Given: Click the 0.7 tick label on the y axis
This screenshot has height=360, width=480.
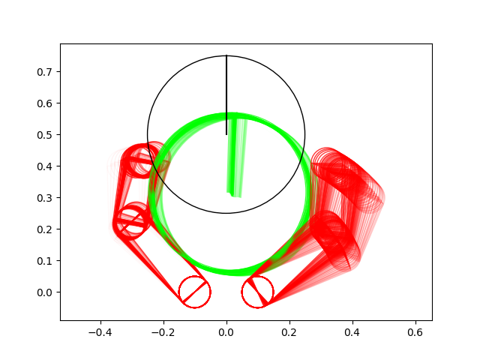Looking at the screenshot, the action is click(45, 72).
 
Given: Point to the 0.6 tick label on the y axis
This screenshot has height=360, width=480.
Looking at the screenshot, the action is click(45, 103).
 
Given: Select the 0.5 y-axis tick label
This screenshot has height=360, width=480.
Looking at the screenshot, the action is click(45, 135).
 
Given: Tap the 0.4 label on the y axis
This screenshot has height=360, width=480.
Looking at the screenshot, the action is click(45, 166).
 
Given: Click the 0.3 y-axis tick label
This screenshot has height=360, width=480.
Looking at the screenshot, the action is click(45, 198).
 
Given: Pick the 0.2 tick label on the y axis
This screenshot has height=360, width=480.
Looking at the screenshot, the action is click(45, 229).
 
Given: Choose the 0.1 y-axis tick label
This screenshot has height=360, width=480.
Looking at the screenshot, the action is click(45, 261).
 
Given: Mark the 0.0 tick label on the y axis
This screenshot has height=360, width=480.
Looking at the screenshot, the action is click(45, 292).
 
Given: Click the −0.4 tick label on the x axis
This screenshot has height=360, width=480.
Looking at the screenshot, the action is click(100, 332).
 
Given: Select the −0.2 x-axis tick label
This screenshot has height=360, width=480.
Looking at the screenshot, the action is click(163, 332).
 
